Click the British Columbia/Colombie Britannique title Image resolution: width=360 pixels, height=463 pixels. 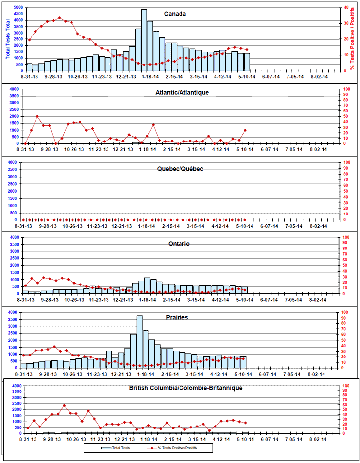(185, 388)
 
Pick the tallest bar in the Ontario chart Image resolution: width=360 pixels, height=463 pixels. (147, 285)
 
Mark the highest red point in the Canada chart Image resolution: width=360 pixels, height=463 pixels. (60, 18)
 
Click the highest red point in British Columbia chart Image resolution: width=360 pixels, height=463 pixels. (64, 406)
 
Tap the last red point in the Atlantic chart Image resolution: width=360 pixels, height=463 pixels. (245, 130)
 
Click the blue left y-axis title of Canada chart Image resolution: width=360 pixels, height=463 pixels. (7, 40)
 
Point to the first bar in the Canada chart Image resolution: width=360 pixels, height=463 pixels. (29, 67)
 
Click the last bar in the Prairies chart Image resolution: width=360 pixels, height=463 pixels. (243, 362)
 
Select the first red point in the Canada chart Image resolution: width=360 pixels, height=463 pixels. (29, 40)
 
